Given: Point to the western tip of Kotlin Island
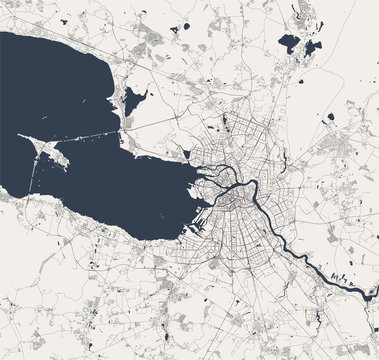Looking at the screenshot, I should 22,137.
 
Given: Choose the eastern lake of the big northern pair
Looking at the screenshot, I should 313,46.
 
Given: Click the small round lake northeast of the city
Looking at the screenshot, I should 330,117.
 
